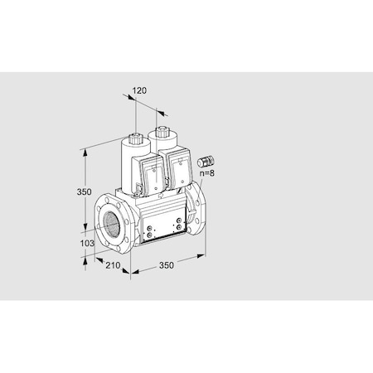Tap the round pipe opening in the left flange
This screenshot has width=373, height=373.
click(x=109, y=225)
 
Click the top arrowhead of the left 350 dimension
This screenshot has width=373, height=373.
click(x=87, y=152)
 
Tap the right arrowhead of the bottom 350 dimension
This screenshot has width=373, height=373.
click(x=201, y=255)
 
